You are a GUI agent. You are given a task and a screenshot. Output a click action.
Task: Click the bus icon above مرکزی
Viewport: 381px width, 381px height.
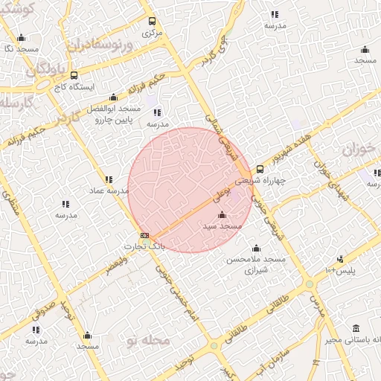(153, 22)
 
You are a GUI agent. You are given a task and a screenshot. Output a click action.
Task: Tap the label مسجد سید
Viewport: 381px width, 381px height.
(223, 225)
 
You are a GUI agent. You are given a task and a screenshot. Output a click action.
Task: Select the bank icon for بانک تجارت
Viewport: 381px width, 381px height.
(144, 235)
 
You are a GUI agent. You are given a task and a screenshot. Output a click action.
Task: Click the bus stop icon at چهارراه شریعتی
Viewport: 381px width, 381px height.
(260, 169)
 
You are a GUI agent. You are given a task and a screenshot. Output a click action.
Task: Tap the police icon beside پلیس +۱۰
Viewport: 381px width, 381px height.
(340, 260)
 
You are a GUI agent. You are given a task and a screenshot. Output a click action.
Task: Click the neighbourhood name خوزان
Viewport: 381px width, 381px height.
(361, 150)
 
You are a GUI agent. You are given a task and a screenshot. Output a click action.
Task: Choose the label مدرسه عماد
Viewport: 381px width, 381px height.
(109, 190)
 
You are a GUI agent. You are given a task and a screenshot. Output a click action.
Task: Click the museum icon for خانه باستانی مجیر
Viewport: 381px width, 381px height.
(356, 328)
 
